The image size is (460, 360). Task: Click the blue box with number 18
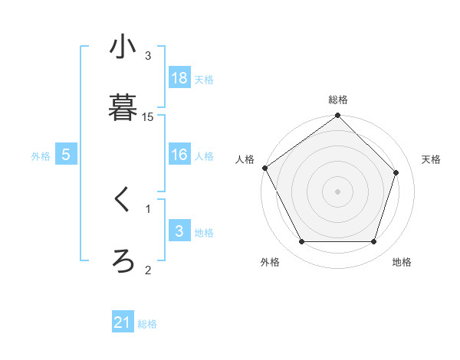pyautogui.click(x=179, y=78)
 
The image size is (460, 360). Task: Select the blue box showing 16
pyautogui.click(x=179, y=155)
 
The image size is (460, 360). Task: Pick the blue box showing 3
pyautogui.click(x=179, y=231)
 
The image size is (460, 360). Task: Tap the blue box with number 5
pyautogui.click(x=66, y=155)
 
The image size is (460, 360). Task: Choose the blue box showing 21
pyautogui.click(x=123, y=322)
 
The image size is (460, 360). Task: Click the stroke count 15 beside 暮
pyautogui.click(x=148, y=117)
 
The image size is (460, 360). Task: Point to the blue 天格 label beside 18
pyautogui.click(x=204, y=79)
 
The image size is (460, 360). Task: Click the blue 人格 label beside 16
pyautogui.click(x=204, y=156)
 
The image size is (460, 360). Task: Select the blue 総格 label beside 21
pyautogui.click(x=147, y=324)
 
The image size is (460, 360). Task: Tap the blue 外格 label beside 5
pyautogui.click(x=41, y=156)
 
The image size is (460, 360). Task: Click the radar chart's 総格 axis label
pyautogui.click(x=338, y=100)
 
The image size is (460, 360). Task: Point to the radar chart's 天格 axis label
pyautogui.click(x=432, y=159)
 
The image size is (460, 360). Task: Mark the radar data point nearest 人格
pyautogui.click(x=265, y=168)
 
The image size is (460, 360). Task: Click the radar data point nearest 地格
pyautogui.click(x=374, y=242)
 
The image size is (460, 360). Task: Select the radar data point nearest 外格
pyautogui.click(x=301, y=242)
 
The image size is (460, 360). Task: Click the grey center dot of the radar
pyautogui.click(x=337, y=191)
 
